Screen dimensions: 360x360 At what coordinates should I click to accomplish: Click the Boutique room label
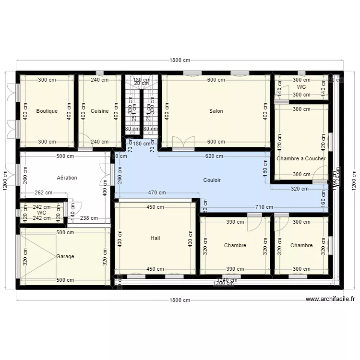[47, 111]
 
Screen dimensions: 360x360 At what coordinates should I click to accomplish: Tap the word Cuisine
[99, 111]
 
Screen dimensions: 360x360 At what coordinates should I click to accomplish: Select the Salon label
[216, 111]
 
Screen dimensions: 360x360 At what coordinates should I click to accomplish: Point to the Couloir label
[212, 180]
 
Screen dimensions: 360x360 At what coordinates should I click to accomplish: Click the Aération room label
[67, 178]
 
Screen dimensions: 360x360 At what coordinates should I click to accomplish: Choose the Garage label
[65, 256]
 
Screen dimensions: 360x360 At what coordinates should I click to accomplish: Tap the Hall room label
[155, 238]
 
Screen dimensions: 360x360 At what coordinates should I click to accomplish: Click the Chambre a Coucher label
[301, 158]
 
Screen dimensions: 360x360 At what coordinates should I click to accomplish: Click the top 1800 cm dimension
[180, 60]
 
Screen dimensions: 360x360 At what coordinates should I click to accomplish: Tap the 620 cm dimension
[214, 156]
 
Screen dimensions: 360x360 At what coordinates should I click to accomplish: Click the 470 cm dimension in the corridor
[156, 193]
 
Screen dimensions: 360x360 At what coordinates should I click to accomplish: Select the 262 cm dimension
[43, 193]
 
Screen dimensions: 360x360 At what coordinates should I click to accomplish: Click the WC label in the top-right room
[301, 87]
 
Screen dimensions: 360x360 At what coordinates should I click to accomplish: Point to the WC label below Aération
[41, 212]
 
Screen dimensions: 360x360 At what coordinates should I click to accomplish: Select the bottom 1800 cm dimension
[180, 300]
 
